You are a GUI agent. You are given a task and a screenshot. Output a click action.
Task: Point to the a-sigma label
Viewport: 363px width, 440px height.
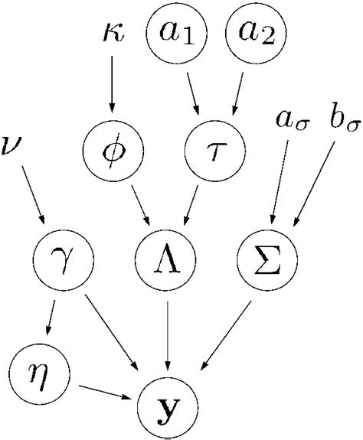(x=289, y=120)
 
